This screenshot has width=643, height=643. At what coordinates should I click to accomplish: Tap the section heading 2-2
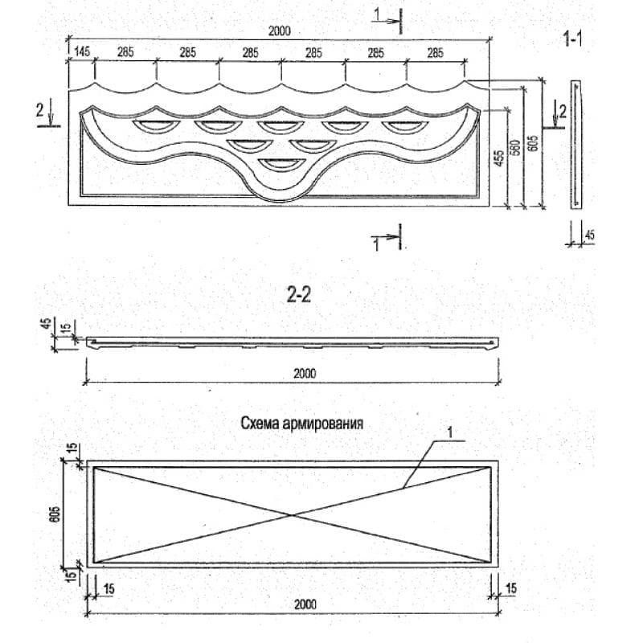coord(299,296)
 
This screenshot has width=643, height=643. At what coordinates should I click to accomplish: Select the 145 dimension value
coord(81,52)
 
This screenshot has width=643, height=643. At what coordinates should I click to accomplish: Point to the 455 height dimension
coord(501,158)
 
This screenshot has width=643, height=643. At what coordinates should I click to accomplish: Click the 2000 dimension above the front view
coord(280,31)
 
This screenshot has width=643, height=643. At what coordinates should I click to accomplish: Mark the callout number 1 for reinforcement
coord(451,432)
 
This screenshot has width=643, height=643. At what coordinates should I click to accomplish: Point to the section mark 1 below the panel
coord(375,245)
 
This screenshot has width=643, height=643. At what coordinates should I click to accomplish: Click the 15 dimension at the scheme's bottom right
coord(509,589)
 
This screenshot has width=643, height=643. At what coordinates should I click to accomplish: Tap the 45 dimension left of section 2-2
coord(46,325)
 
